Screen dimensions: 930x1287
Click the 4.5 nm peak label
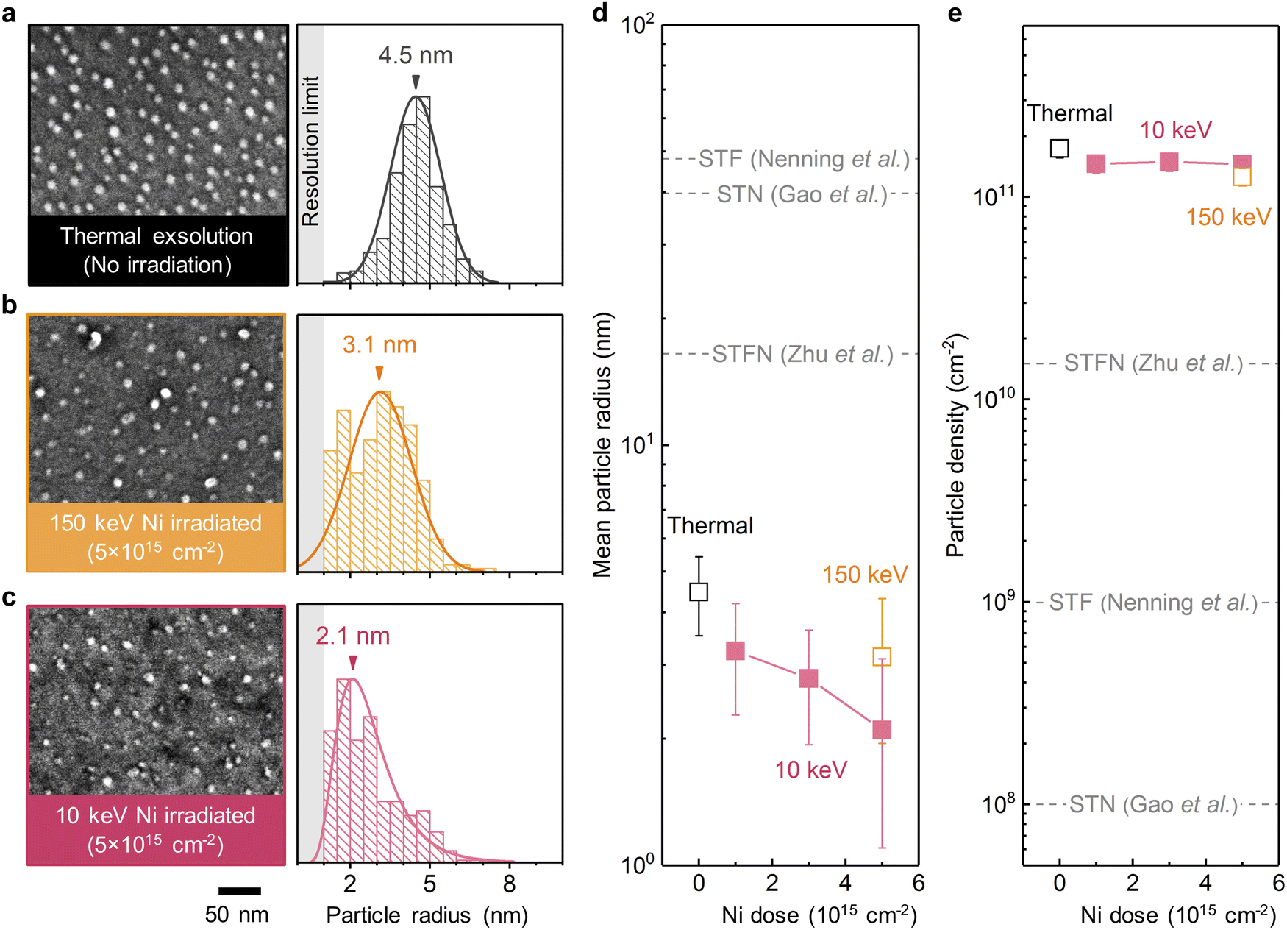[x=416, y=56]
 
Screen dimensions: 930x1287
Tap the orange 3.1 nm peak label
[x=379, y=345]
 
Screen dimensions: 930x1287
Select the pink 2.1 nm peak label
[x=353, y=636]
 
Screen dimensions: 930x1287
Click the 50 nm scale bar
[x=240, y=891]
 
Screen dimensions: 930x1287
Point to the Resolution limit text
[x=310, y=152]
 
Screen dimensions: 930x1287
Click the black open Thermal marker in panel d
[x=699, y=592]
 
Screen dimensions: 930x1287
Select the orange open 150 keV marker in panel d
[x=882, y=656]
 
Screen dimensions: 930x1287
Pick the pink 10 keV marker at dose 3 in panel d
[x=808, y=678]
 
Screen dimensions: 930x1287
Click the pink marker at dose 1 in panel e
[x=1096, y=164]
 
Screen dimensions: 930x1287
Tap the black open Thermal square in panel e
[x=1059, y=148]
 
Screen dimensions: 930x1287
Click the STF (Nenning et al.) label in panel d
[x=804, y=159]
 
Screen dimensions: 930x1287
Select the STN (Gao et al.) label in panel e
[x=1153, y=804]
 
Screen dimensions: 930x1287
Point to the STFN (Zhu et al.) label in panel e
[x=1153, y=363]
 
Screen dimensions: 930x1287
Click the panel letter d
[x=600, y=13]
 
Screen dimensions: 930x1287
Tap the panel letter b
[x=10, y=305]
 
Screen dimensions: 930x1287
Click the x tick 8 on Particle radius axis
[x=509, y=884]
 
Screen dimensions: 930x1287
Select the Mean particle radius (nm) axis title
[x=602, y=445]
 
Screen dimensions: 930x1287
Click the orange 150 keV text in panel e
[x=1228, y=217]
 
